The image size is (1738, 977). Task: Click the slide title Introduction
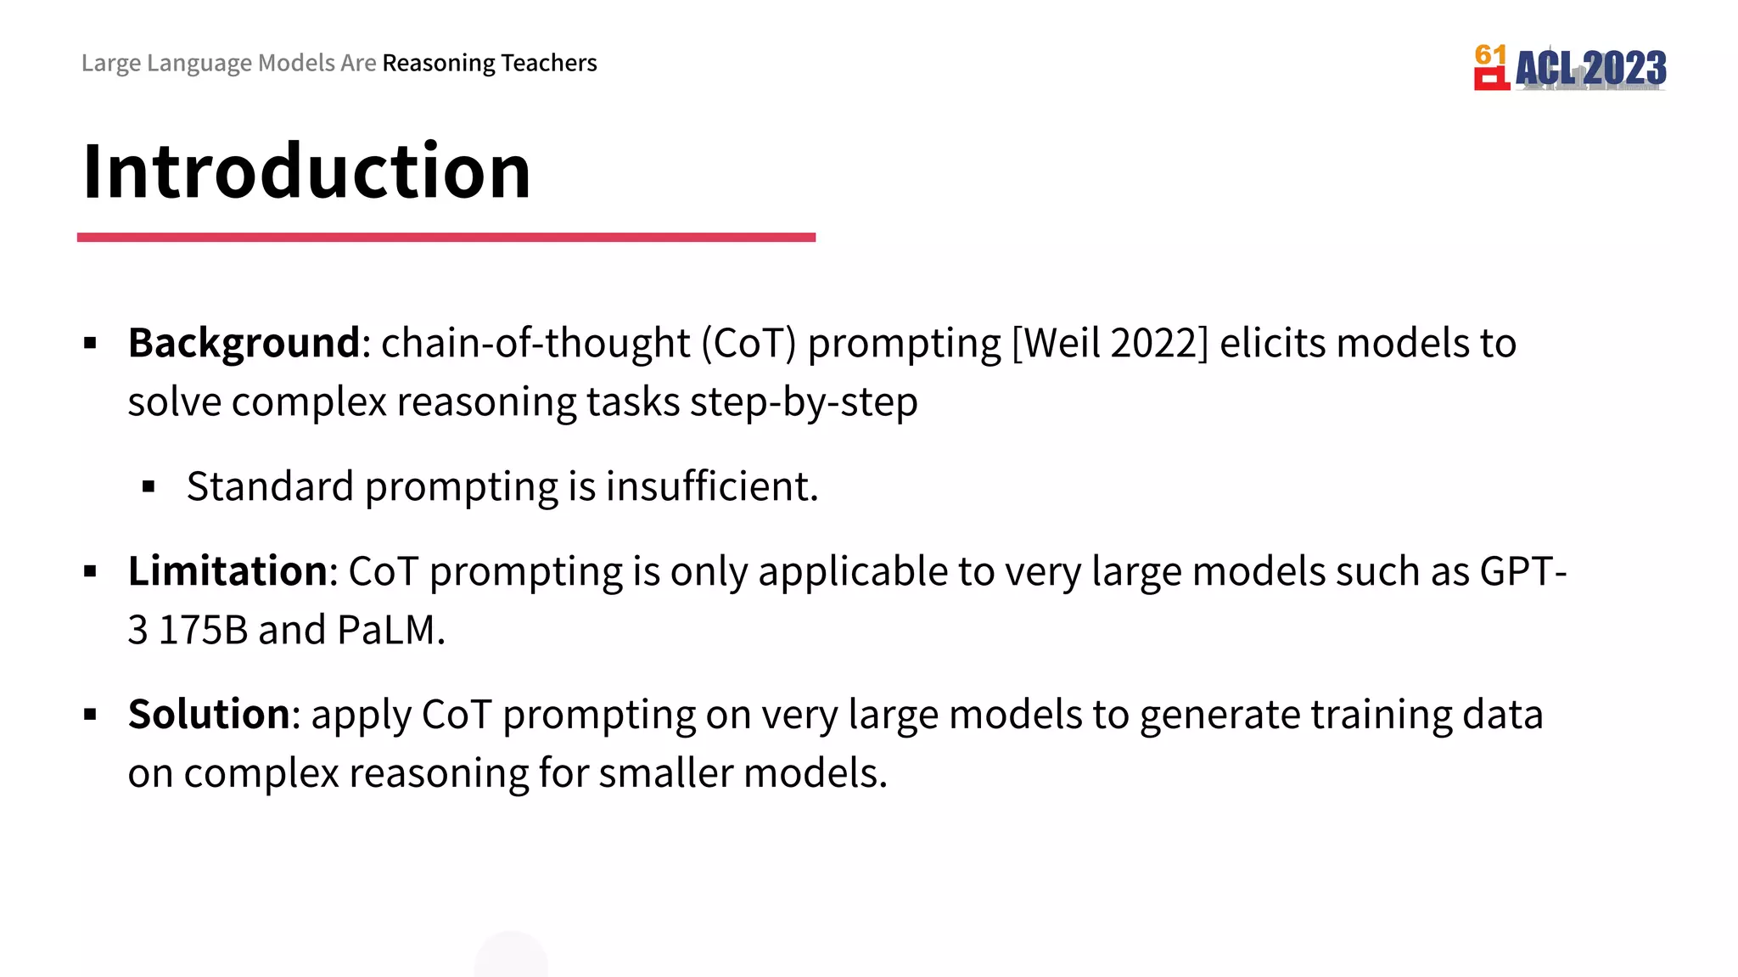coord(306,171)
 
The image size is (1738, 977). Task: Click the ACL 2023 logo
coord(1571,68)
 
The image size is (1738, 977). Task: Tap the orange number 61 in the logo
coord(1490,55)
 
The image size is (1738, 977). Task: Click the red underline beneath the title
coord(446,238)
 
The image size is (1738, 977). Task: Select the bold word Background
coord(244,344)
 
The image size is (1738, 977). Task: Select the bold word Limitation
coord(227,571)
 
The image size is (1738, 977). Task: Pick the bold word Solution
coord(209,715)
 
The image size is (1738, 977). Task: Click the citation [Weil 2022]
coord(1110,344)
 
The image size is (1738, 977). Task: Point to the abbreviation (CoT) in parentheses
coord(748,344)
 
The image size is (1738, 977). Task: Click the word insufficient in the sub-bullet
coord(711,487)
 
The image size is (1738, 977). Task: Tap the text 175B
coord(203,631)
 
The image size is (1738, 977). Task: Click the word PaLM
coord(389,631)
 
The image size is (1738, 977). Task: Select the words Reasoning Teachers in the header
coord(490,64)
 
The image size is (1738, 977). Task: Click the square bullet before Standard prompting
coord(149,487)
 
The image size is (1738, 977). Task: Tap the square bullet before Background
coord(91,344)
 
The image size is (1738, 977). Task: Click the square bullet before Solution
coord(91,715)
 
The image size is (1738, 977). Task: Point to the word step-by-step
coord(803,402)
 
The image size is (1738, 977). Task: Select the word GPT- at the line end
coord(1522,571)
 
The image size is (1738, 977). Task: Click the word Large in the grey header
coord(111,64)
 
